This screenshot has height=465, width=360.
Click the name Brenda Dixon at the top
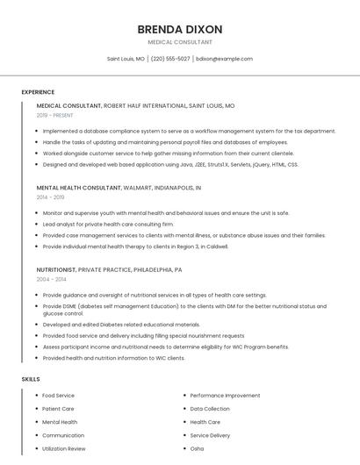pos(180,29)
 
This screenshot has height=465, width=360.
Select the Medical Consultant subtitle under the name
pos(180,41)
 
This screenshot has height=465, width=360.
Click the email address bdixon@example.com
pos(224,59)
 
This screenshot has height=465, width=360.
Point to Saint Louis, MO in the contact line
pos(126,59)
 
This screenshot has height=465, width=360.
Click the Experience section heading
pos(38,92)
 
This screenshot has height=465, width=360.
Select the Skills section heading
pos(31,379)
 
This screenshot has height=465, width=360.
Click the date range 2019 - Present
pos(55,115)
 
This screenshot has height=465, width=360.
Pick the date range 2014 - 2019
pos(51,197)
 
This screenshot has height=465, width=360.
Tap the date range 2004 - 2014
pos(51,279)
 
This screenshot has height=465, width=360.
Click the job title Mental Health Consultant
pos(78,188)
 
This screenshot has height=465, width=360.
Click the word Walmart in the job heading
pos(139,188)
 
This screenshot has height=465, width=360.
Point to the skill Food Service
pos(58,396)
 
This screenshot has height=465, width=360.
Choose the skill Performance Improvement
pos(225,396)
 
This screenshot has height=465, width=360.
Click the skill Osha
pos(197,448)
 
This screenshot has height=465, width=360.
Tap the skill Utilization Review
pos(64,448)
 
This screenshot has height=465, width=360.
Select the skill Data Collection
pos(210,409)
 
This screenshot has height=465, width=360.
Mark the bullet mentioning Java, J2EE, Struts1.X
pos(170,164)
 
